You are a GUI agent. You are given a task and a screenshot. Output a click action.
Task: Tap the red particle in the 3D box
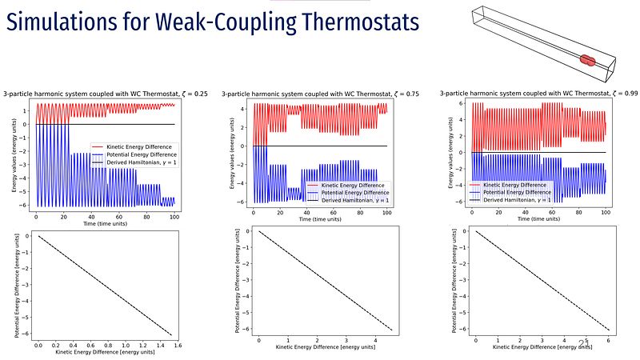point(588,59)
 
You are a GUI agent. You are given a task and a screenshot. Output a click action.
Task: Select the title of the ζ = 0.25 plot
point(106,94)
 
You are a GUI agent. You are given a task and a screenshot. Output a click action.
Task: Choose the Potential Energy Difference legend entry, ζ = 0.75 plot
point(352,193)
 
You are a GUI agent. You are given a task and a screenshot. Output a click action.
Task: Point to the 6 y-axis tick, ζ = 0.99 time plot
point(462,104)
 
